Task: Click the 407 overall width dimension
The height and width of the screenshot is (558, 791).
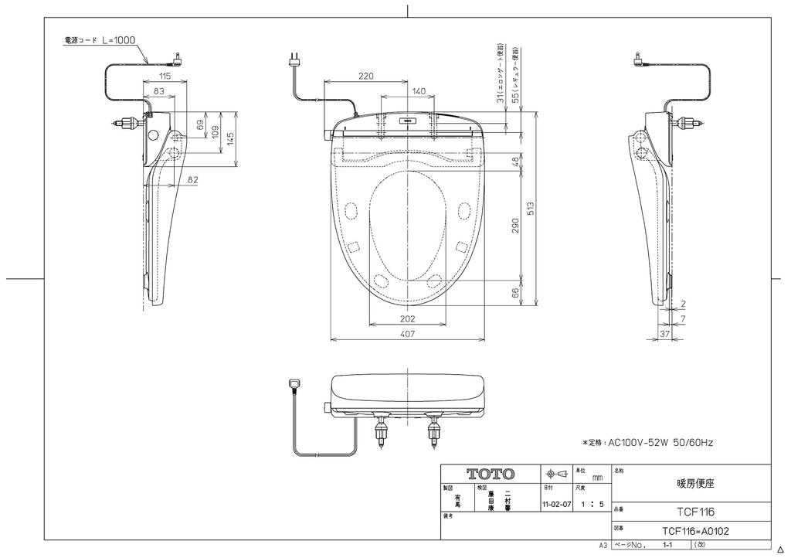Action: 408,334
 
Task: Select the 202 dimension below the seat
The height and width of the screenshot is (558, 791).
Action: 408,318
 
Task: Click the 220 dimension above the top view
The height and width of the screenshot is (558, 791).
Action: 366,75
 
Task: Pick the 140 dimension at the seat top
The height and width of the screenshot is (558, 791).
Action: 418,91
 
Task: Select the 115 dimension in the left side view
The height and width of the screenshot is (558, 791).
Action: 165,76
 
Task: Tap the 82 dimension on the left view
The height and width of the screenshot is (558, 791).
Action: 193,179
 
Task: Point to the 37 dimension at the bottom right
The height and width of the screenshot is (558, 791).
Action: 664,334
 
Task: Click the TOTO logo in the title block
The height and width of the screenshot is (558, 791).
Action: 491,473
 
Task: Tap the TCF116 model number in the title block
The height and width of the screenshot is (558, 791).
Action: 695,512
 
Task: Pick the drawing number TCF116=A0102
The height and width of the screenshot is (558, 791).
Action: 694,531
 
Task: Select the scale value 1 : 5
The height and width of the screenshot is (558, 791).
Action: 592,504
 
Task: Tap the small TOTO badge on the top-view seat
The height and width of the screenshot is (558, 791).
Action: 407,120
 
